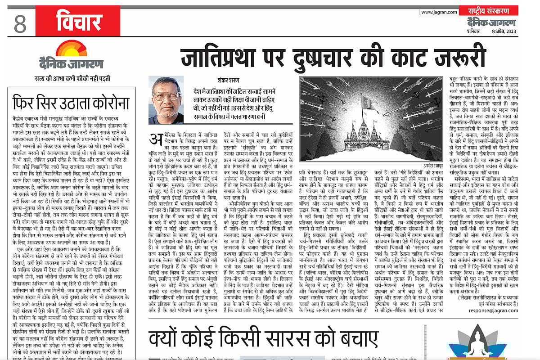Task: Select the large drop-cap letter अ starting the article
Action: click(155, 143)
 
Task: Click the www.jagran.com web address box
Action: click(436, 12)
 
